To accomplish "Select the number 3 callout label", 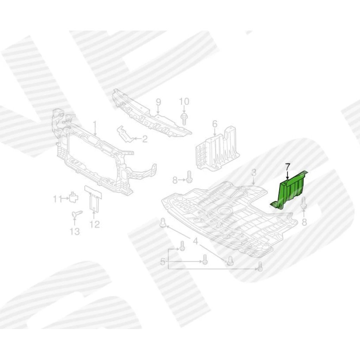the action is coord(253,172).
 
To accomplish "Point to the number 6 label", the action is coord(214,124).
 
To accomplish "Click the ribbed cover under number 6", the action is coord(217,149).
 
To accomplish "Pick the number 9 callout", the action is coord(159,102).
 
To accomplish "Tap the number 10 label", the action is coord(184,101).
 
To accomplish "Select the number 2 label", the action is coord(144,139).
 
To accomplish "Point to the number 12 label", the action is coord(95,224).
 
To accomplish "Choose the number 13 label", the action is coord(75,231).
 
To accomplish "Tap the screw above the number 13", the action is coord(77,214).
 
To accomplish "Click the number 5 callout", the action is coord(162,262).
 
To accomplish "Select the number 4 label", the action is coord(195,241).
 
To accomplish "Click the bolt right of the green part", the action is coord(304,203).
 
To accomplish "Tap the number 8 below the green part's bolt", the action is coord(304,222).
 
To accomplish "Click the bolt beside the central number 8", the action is coord(189,177).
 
